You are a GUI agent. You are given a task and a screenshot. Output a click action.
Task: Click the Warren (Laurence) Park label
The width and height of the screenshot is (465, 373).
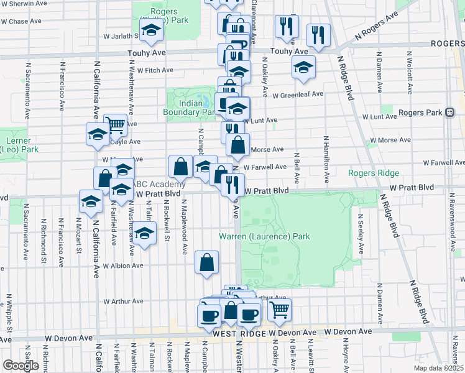(x=264, y=236)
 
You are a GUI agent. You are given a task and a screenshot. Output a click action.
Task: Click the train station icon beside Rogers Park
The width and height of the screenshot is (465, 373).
(x=449, y=113)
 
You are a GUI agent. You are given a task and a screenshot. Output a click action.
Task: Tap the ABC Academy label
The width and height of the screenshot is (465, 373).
(x=160, y=184)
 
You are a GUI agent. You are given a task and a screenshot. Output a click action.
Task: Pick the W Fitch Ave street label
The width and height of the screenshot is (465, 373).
(x=155, y=70)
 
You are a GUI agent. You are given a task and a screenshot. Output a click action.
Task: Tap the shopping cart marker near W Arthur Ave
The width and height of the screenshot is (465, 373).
(x=280, y=308)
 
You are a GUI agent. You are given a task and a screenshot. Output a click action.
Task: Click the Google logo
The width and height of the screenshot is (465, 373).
(x=20, y=366)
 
